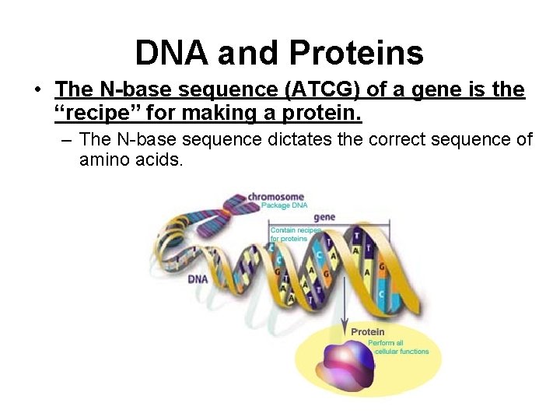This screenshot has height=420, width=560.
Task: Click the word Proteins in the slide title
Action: tap(356, 53)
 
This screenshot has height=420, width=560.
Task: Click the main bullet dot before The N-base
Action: tap(37, 91)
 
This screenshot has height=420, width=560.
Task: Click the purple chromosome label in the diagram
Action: tap(275, 197)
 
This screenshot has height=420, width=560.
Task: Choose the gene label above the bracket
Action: tap(324, 217)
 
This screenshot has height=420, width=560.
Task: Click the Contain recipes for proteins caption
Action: tap(295, 234)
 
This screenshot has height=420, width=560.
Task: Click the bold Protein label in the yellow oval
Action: tap(367, 332)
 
